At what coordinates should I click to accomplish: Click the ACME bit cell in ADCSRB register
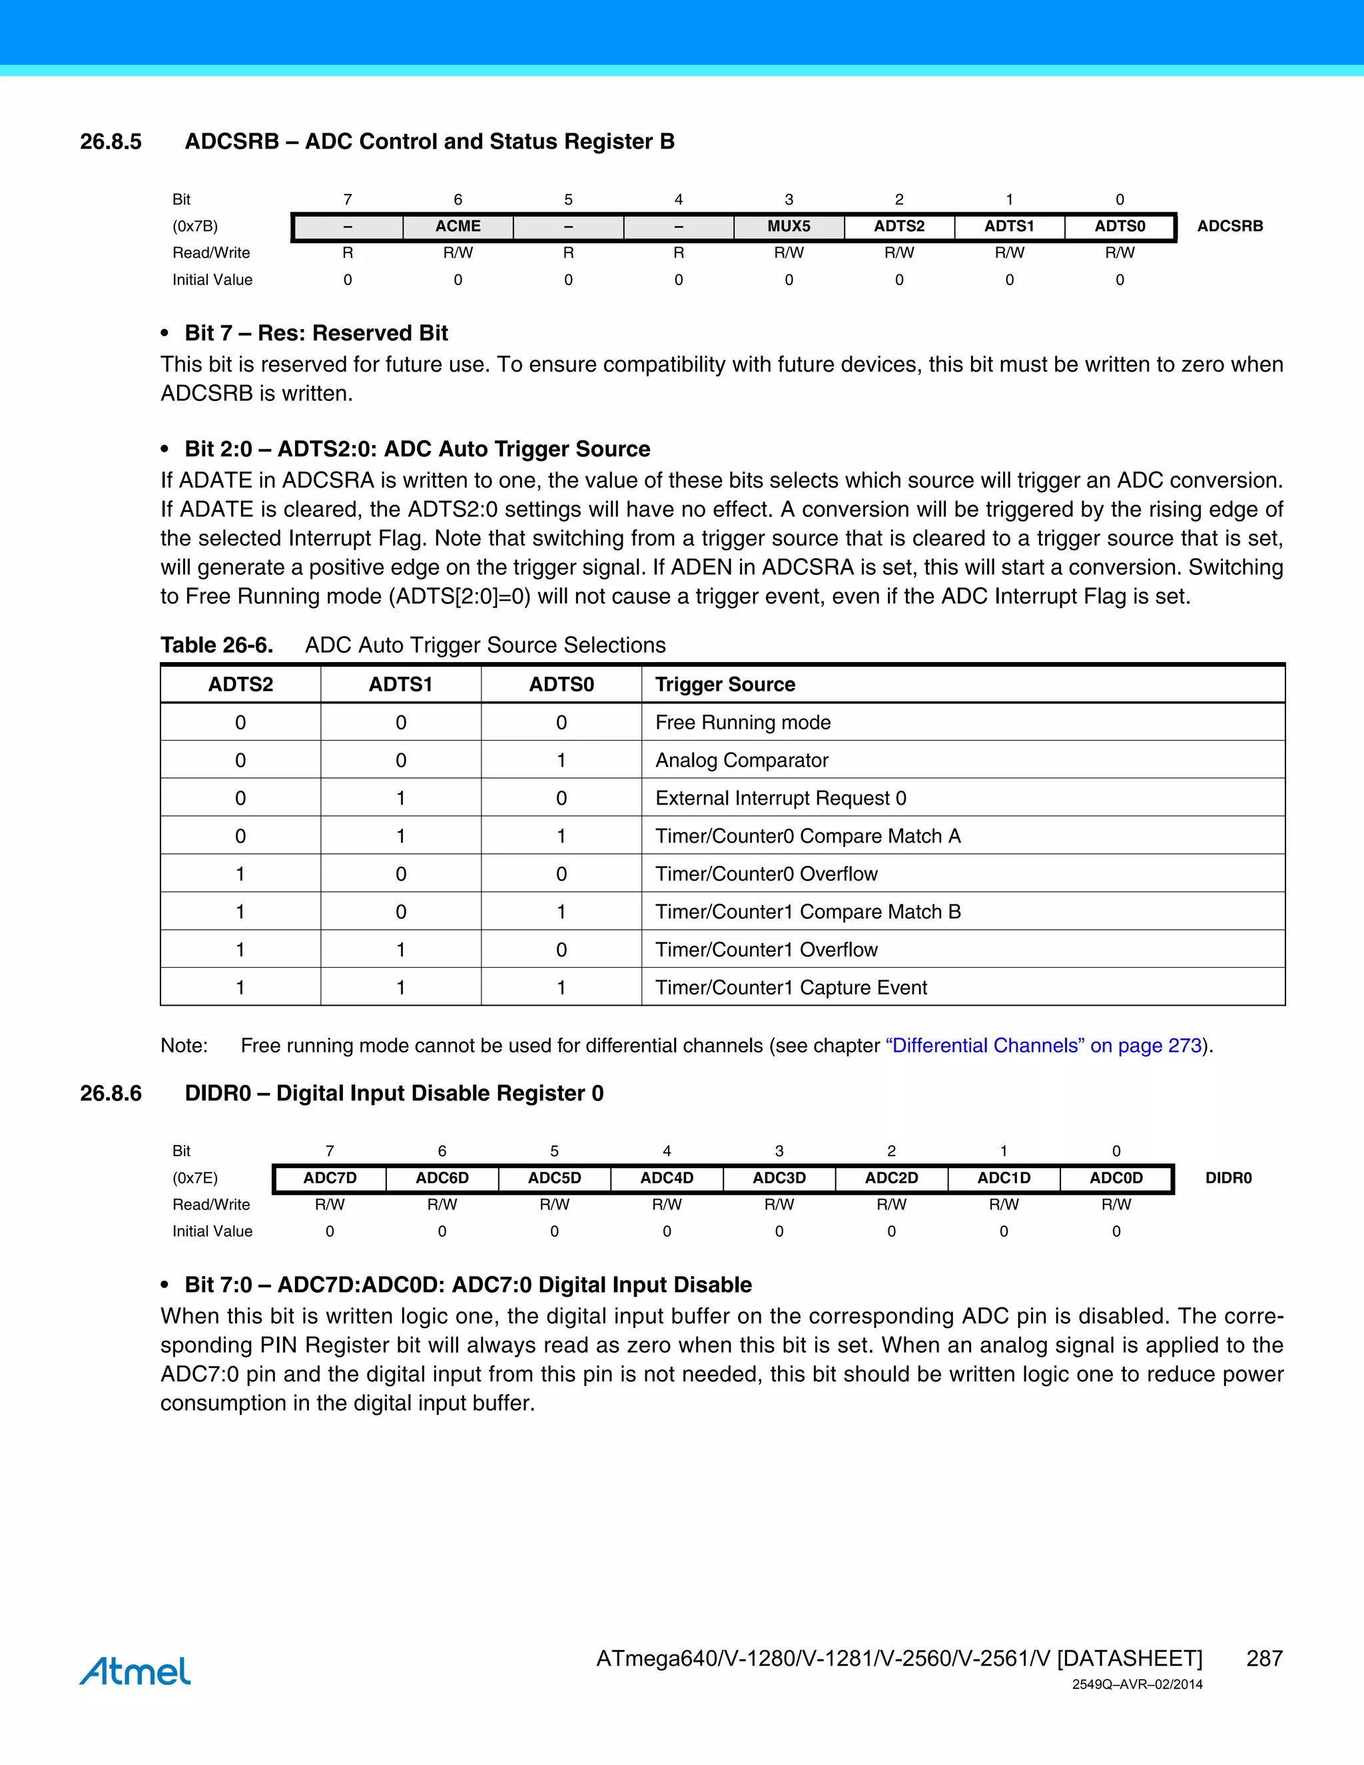click(x=458, y=226)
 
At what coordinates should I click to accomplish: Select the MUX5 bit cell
click(x=789, y=226)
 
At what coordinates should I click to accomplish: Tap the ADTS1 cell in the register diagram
click(x=1008, y=226)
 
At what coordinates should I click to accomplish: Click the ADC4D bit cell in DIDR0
click(x=667, y=1178)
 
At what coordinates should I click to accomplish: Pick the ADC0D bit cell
click(x=1116, y=1178)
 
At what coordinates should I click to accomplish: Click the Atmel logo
click(x=135, y=1670)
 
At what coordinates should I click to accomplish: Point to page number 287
click(x=1264, y=1658)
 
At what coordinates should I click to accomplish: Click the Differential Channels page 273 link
click(x=1043, y=1046)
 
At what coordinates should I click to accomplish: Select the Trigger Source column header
click(x=725, y=685)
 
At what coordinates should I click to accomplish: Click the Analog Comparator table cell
click(x=742, y=761)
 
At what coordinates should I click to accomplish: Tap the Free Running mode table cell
click(x=743, y=723)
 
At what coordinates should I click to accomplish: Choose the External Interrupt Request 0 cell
click(x=781, y=799)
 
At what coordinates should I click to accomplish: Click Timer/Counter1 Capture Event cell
click(x=791, y=988)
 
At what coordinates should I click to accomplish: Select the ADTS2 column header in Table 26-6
click(x=241, y=685)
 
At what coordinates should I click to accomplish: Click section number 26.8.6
click(x=111, y=1094)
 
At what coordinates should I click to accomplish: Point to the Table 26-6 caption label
click(x=216, y=645)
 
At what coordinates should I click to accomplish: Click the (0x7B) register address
click(x=194, y=226)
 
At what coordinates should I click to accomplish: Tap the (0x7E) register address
click(x=194, y=1178)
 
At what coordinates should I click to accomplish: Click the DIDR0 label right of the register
click(x=1228, y=1178)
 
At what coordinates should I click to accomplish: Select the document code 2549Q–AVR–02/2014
click(x=1137, y=1685)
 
